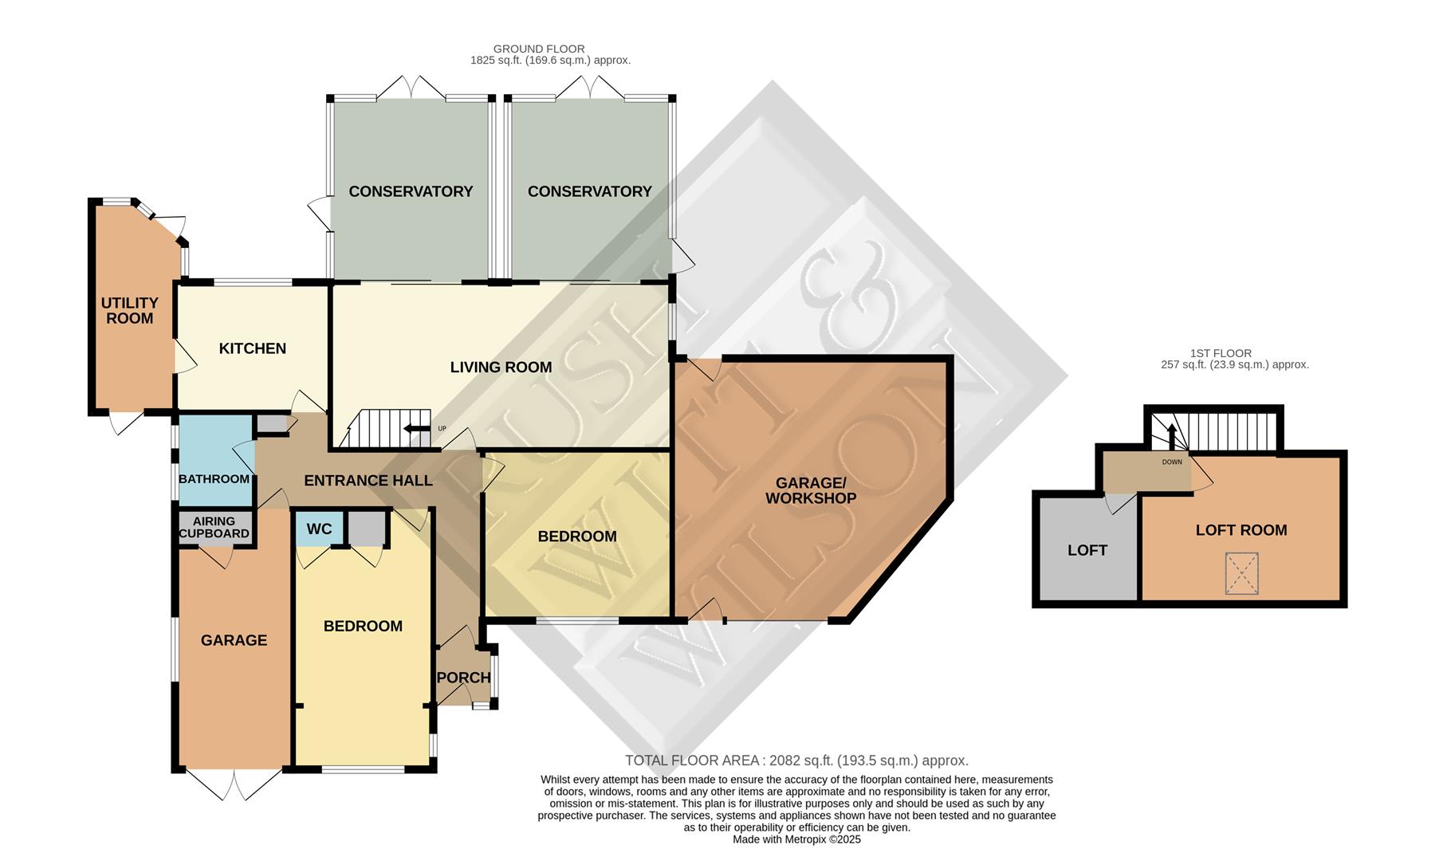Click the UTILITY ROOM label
click(129, 310)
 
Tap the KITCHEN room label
click(252, 348)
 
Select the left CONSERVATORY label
click(411, 191)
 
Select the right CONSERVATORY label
click(589, 191)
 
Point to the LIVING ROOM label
click(501, 368)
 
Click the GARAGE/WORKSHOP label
click(811, 490)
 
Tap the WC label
click(319, 529)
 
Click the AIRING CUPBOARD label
click(214, 527)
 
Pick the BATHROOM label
click(214, 479)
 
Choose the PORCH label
click(463, 678)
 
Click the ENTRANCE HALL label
click(368, 481)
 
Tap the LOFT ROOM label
click(1240, 530)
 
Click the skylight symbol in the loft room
click(1241, 574)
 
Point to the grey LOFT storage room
click(1087, 551)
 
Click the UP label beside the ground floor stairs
click(442, 429)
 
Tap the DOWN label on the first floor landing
click(1172, 462)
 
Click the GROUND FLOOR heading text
click(539, 49)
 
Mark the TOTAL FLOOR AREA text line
click(796, 761)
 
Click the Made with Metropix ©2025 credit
click(796, 839)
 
